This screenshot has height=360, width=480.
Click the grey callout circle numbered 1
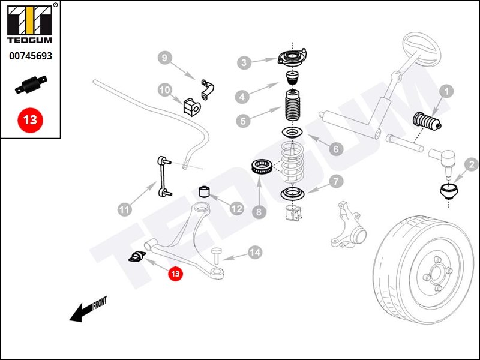tap(446, 92)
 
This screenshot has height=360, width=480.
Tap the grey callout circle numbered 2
tap(472, 164)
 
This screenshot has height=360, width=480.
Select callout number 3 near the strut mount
tap(243, 62)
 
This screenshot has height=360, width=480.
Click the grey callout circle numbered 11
tap(124, 209)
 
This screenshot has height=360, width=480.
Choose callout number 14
tap(255, 253)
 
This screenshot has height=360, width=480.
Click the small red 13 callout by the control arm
tap(175, 274)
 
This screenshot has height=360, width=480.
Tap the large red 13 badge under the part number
tap(30, 119)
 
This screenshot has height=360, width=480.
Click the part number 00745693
tap(30, 56)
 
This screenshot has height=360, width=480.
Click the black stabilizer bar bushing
tap(191, 107)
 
